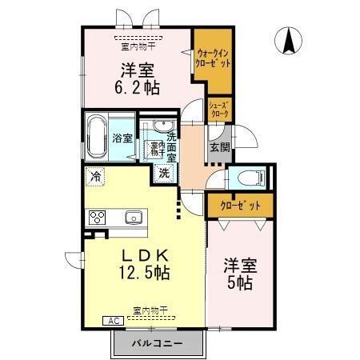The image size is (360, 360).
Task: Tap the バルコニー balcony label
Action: coord(159,343)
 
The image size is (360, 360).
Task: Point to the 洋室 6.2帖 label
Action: coord(138,78)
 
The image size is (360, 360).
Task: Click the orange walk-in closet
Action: coord(214,61)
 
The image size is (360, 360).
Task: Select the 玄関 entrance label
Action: coord(220,147)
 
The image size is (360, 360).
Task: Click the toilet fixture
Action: coord(244,178)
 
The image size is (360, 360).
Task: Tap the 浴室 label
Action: coord(122,138)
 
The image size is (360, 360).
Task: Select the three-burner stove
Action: coord(98,218)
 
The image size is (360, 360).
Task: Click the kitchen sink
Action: coord(133,217)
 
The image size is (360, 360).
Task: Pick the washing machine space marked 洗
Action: coord(163,172)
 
